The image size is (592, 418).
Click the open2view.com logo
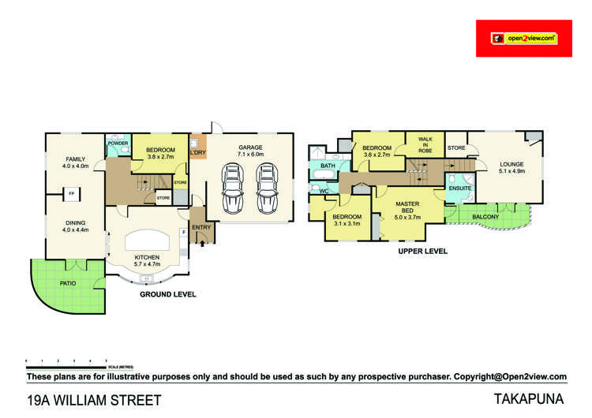[523, 38]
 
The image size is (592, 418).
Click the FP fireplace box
[71, 193]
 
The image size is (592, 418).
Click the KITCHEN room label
[147, 257]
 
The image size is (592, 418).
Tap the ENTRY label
[201, 227]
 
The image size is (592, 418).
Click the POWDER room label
[118, 143]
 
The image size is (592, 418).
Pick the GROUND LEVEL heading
[167, 294]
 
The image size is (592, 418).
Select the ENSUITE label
[459, 189]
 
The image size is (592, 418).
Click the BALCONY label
[485, 216]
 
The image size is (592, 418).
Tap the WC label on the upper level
[324, 191]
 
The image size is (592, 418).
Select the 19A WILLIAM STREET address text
[94, 400]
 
